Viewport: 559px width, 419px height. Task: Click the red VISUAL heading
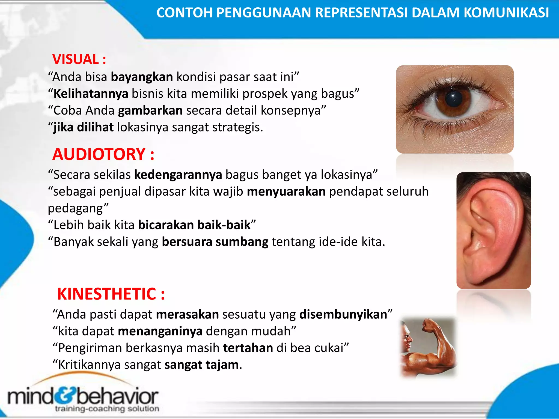[79, 59]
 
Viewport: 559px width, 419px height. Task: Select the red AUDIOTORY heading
[103, 154]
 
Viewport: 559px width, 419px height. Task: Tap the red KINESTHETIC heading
[111, 294]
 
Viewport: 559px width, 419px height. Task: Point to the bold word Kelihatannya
[91, 94]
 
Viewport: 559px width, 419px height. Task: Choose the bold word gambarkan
[150, 111]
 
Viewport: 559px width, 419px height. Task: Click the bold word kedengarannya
[178, 175]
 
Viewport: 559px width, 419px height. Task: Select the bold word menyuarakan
[286, 191]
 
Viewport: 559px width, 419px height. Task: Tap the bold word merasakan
[187, 315]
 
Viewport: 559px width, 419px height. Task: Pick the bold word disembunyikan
[343, 315]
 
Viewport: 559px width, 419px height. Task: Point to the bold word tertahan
[248, 348]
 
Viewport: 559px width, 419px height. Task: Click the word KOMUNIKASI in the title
[506, 13]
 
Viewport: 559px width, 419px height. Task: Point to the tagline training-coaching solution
[107, 409]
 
